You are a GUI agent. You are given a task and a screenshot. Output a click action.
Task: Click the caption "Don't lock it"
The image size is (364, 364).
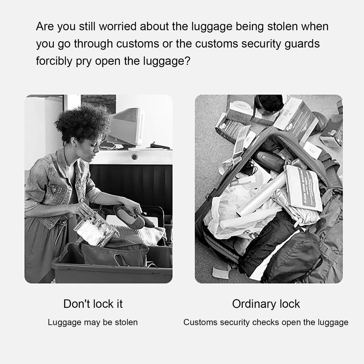pyautogui.click(x=93, y=304)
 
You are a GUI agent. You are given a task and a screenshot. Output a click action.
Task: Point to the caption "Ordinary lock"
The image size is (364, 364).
pyautogui.click(x=266, y=304)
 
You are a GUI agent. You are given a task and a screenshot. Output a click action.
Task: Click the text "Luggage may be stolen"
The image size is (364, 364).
pyautogui.click(x=93, y=322)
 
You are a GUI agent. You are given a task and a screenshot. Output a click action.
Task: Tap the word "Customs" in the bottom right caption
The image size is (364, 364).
pyautogui.click(x=200, y=322)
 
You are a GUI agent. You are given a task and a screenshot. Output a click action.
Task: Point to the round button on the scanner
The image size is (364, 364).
pyautogui.click(x=134, y=156)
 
